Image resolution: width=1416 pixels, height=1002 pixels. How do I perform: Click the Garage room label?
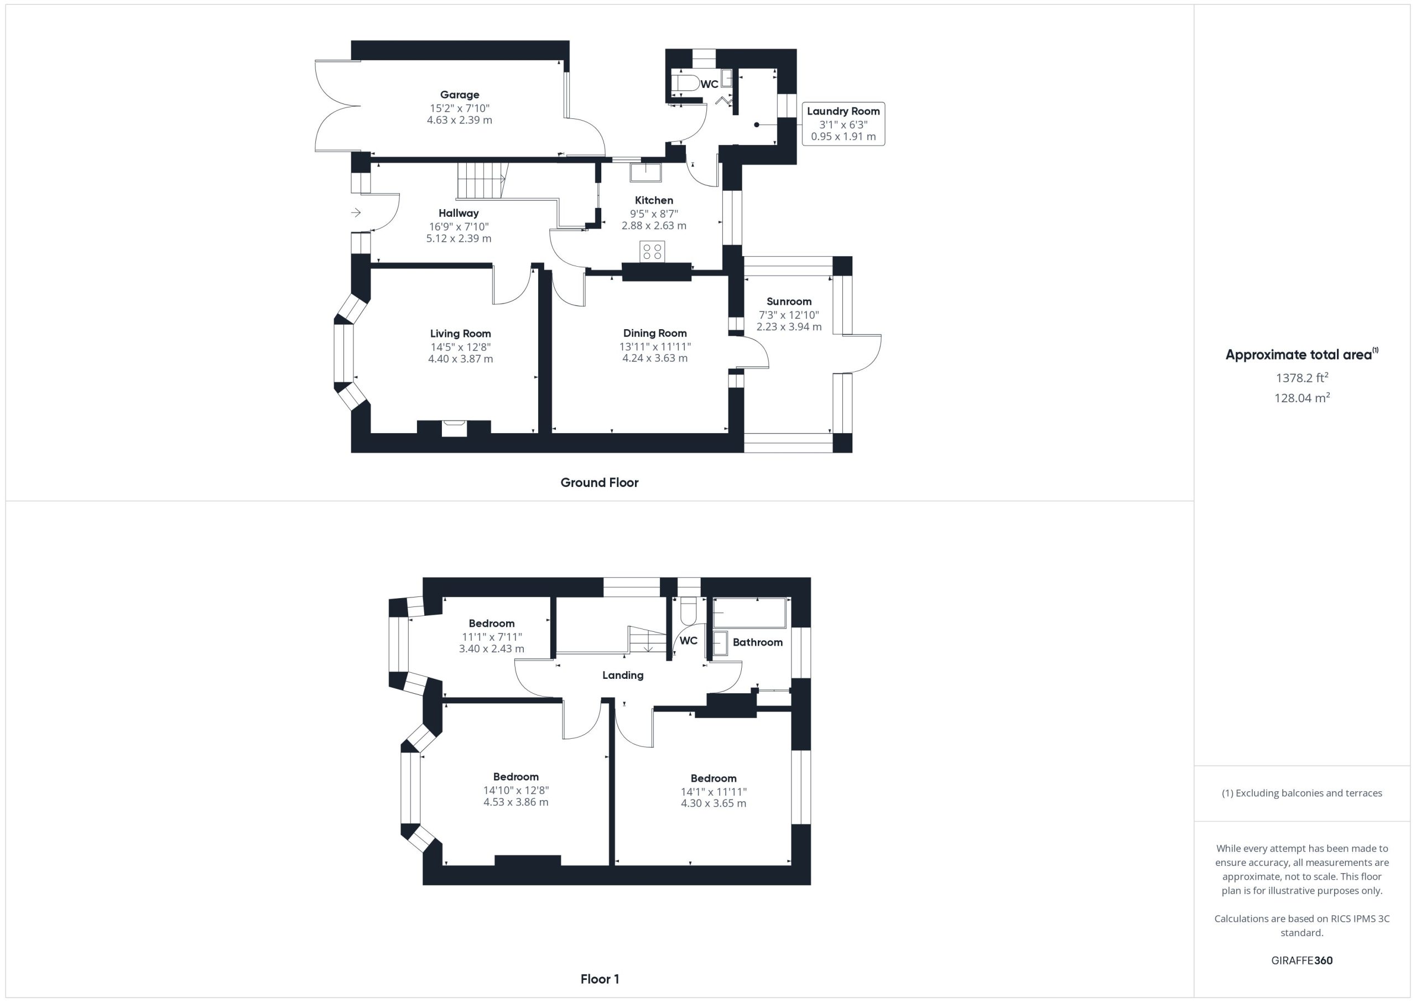tap(460, 95)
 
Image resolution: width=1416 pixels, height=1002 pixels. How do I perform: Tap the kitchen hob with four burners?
tap(653, 251)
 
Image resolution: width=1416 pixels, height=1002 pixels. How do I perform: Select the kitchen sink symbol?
tap(645, 171)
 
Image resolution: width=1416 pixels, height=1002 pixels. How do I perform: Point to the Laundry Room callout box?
tap(843, 124)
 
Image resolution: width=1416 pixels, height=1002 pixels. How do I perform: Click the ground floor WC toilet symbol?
tap(685, 84)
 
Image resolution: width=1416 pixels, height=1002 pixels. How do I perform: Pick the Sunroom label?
tap(789, 301)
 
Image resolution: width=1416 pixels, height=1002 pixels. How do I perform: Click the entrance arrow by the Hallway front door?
tap(356, 213)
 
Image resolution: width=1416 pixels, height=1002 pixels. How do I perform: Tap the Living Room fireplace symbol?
tap(454, 428)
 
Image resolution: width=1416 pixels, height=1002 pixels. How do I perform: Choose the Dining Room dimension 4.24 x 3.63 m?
tap(654, 358)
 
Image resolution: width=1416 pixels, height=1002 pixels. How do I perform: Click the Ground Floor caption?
tap(599, 482)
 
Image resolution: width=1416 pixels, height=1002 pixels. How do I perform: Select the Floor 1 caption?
tap(600, 979)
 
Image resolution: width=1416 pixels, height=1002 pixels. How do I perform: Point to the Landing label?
tap(622, 675)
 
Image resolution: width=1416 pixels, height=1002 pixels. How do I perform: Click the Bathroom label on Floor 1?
tap(757, 642)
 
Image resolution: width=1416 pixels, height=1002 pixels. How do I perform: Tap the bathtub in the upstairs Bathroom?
tap(749, 612)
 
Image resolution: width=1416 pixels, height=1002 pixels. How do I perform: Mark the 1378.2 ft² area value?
tap(1302, 377)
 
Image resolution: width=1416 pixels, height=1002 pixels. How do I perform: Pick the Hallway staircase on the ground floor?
tap(481, 181)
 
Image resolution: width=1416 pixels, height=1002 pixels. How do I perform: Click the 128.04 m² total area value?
tap(1302, 397)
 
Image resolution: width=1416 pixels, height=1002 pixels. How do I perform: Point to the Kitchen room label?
tap(654, 200)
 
